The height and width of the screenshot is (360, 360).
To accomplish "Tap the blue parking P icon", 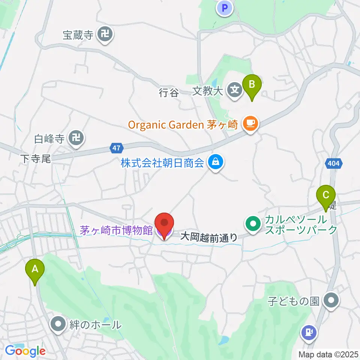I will (x=225, y=8).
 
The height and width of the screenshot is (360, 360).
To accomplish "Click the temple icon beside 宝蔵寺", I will (x=105, y=35).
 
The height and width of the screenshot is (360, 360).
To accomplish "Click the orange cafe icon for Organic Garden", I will (x=250, y=124).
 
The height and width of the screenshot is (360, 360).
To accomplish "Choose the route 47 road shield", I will (x=117, y=148).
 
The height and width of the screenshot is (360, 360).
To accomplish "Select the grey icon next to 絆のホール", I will (x=58, y=324).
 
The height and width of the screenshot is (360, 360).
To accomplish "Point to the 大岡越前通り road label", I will (x=208, y=237).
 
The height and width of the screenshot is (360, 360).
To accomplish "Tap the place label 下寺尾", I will (x=36, y=159).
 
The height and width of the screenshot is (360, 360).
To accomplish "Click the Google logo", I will (x=25, y=351).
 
